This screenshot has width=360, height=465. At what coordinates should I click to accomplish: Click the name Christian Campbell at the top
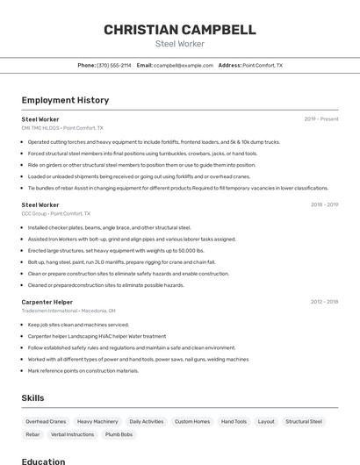pyautogui.click(x=180, y=30)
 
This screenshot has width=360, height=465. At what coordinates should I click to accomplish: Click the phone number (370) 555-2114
pyautogui.click(x=113, y=65)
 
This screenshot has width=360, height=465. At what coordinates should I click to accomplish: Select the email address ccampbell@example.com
pyautogui.click(x=184, y=65)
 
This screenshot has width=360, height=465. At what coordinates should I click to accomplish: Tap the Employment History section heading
pyautogui.click(x=65, y=100)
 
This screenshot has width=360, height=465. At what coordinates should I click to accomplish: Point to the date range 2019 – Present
pyautogui.click(x=320, y=118)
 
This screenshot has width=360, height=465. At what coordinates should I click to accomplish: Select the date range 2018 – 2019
pyautogui.click(x=324, y=204)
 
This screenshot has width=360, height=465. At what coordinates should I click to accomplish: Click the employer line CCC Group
pyautogui.click(x=33, y=213)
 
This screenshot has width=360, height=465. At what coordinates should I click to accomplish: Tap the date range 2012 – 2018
pyautogui.click(x=324, y=302)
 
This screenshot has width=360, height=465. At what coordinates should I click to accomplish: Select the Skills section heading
pyautogui.click(x=32, y=397)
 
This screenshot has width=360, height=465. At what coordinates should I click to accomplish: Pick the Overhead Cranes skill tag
pyautogui.click(x=46, y=421)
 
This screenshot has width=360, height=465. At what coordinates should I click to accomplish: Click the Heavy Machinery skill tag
pyautogui.click(x=97, y=421)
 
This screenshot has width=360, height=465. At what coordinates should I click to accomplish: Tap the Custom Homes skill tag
pyautogui.click(x=192, y=421)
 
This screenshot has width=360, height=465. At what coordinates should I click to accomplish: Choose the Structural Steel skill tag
pyautogui.click(x=304, y=421)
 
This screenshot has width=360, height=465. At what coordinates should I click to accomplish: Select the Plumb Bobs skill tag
pyautogui.click(x=119, y=434)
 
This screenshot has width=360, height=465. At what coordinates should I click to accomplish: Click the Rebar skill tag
pyautogui.click(x=32, y=434)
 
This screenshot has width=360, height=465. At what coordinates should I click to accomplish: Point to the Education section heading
pyautogui.click(x=43, y=461)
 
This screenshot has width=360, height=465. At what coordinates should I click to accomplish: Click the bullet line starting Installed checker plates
pyautogui.click(x=109, y=227)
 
